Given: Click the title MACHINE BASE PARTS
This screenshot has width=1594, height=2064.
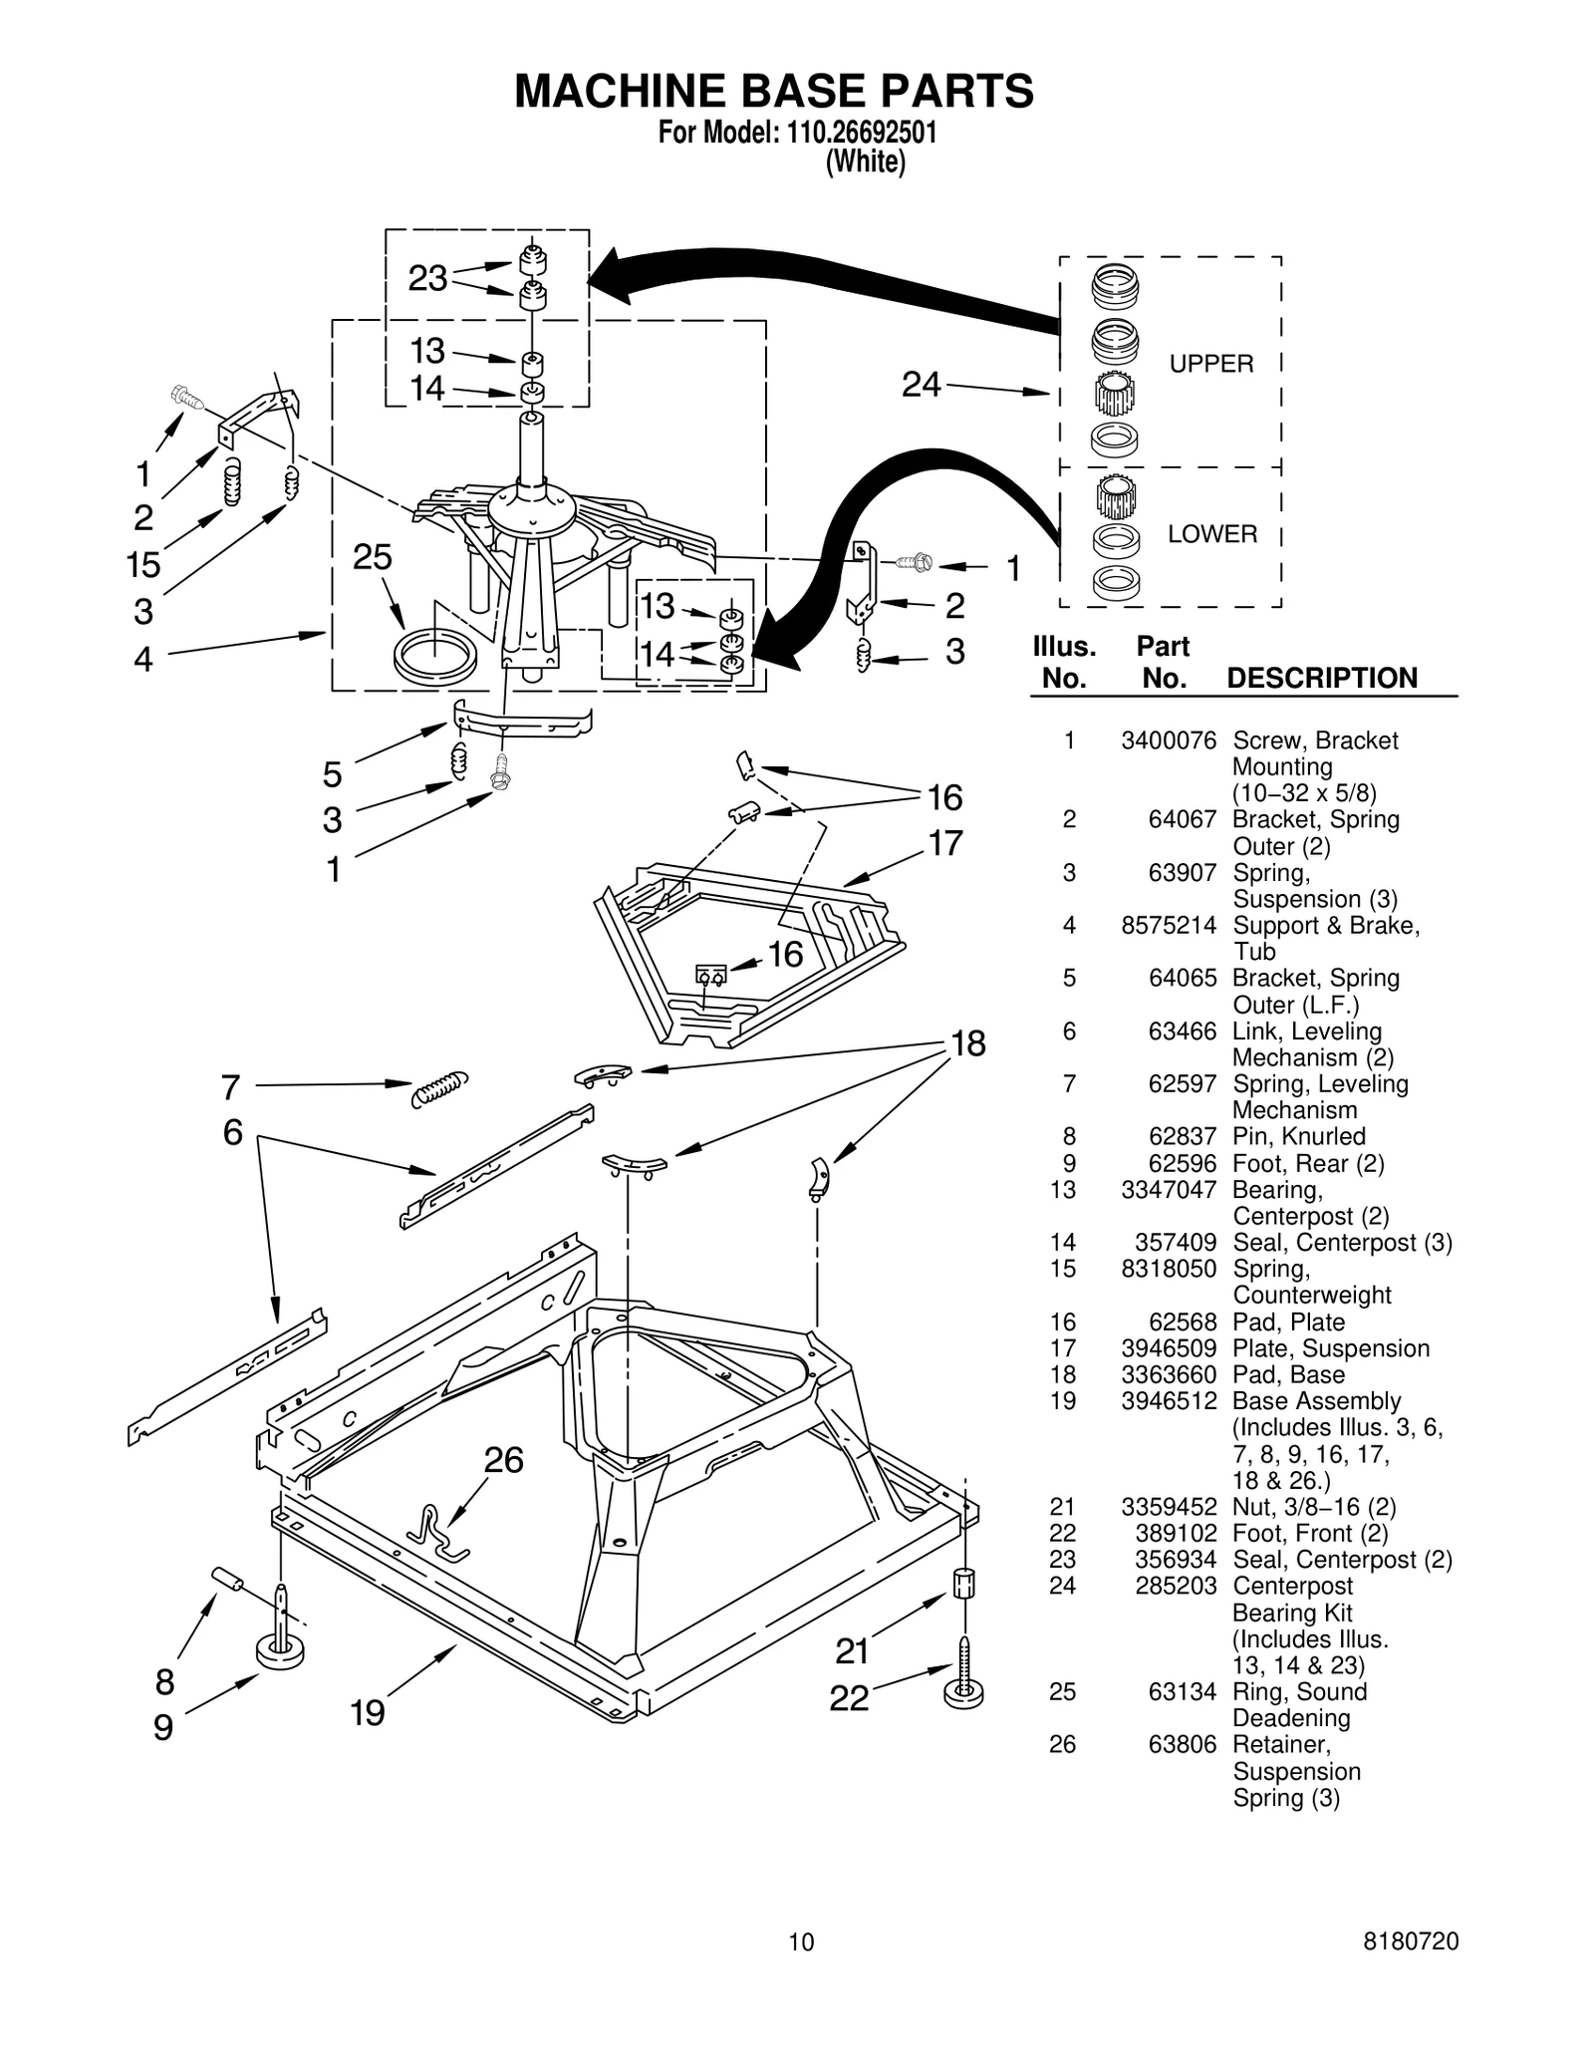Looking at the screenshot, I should coord(773,92).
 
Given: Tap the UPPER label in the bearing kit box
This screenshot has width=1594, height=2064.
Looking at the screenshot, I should coord(1210,364).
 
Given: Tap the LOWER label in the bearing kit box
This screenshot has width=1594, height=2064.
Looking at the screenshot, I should coord(1211,534).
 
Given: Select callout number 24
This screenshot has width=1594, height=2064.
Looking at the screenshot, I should coord(921,384).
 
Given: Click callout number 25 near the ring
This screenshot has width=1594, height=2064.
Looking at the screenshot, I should coord(373,557).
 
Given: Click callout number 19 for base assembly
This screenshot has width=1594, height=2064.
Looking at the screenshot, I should coord(368,1712).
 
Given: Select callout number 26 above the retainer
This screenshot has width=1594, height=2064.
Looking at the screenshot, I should coord(503,1460).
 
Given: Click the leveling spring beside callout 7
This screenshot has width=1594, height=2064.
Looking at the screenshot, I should coord(439,1088).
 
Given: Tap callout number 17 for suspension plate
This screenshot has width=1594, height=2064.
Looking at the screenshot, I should coord(945,843).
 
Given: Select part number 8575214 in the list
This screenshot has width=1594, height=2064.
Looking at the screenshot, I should coord(1168,925).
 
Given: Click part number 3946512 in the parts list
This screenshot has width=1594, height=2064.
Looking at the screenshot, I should coord(1168,1401).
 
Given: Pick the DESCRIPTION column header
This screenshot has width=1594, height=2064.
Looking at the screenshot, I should coord(1321,678).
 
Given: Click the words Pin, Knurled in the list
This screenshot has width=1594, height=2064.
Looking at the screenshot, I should coord(1298,1136).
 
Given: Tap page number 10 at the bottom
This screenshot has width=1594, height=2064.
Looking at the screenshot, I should coord(800,1941).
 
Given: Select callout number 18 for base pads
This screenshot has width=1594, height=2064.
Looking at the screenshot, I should coord(967,1043).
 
